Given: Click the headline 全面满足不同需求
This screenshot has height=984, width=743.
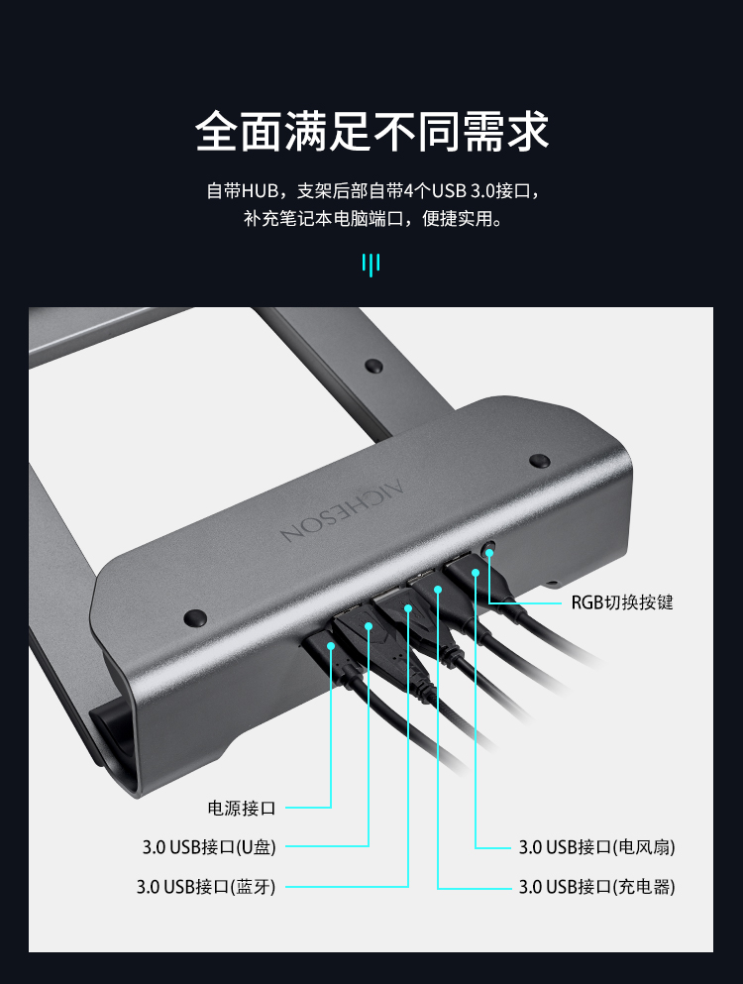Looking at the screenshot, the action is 372,131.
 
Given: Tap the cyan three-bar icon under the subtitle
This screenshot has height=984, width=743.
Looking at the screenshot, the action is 371,265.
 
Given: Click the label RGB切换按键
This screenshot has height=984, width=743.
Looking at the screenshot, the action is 622,602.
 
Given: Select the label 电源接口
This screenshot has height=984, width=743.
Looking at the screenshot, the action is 242,808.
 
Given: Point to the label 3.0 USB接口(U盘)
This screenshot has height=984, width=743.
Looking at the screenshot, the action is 209,847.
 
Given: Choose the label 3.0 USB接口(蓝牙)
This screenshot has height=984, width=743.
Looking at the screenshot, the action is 206,887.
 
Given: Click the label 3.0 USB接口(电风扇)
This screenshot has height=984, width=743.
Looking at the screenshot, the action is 596,847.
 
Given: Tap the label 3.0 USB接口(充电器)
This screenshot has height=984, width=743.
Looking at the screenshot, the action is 596,887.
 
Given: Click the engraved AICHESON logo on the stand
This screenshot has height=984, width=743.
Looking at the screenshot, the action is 343,510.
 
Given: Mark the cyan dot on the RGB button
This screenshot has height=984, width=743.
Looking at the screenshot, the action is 489,552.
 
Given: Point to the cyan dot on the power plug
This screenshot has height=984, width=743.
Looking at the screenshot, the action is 331,646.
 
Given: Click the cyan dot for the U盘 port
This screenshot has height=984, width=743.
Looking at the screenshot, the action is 369,626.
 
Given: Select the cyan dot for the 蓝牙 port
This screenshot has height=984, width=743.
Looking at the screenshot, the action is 408,608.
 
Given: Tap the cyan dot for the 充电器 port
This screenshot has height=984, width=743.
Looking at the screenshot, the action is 438,590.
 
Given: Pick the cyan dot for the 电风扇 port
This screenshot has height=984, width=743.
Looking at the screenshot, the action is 476,573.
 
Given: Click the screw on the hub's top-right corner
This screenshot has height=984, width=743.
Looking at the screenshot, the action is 540,461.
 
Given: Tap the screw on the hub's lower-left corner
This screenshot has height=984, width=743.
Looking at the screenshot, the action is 195,618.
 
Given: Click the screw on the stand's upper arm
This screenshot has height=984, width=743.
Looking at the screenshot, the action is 374,366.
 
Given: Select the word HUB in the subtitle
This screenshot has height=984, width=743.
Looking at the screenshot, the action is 260,191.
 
